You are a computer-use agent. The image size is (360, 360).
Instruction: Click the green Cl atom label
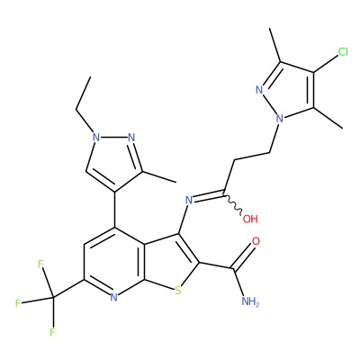pyautogui.click(x=343, y=52)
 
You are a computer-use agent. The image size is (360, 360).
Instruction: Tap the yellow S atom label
pyautogui.click(x=178, y=291)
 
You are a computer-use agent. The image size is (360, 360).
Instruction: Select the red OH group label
pyautogui.click(x=250, y=219)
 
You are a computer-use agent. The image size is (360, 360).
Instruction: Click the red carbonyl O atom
pyautogui.click(x=256, y=241)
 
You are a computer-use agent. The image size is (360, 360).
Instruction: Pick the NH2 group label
pyautogui.click(x=250, y=301)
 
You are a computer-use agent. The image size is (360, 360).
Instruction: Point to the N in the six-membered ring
pyautogui.click(x=113, y=297)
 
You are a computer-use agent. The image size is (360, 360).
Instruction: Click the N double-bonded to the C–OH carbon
pyautogui.click(x=189, y=200)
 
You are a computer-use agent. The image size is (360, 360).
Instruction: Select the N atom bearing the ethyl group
pyautogui.click(x=96, y=138)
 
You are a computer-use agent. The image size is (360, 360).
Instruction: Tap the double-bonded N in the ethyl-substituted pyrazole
pyautogui.click(x=131, y=138)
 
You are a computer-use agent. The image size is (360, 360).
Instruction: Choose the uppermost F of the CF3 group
pyautogui.click(x=41, y=265)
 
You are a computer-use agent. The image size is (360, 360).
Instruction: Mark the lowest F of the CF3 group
pyautogui.click(x=53, y=332)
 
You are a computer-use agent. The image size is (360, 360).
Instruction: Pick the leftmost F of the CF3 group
pyautogui.click(x=18, y=303)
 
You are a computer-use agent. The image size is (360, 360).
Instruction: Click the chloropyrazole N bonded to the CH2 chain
pyautogui.click(x=280, y=119)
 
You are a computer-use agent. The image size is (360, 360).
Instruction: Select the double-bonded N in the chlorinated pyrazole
pyautogui.click(x=259, y=90)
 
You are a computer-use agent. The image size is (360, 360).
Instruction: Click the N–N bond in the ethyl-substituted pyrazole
pyautogui.click(x=113, y=138)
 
